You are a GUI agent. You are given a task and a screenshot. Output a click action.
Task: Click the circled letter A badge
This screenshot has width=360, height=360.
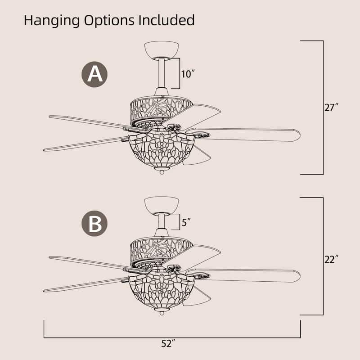[x=94, y=74]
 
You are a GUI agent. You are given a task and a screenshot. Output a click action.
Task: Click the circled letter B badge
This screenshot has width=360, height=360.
[x=94, y=223]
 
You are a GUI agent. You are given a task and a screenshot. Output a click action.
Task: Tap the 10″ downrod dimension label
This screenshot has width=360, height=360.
[x=188, y=74]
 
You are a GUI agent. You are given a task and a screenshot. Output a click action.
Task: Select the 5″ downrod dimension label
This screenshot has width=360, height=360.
[x=186, y=222]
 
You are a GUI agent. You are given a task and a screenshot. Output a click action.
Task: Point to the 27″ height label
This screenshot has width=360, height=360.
[x=331, y=107]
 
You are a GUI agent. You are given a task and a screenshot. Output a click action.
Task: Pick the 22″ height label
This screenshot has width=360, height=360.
[x=331, y=259]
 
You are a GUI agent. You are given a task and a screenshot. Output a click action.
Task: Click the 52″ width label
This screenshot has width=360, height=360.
[x=168, y=343]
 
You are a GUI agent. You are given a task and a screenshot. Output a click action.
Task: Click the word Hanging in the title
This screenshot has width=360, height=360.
[x=52, y=21]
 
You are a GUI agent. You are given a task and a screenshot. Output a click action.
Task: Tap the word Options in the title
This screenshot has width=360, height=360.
[x=109, y=21]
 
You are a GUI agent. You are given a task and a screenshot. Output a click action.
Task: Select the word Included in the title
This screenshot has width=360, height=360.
[x=166, y=20]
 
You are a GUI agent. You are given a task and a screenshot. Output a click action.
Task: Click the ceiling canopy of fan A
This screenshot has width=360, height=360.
[x=162, y=49]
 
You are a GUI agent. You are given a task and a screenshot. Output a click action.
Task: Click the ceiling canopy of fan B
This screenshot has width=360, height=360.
[x=162, y=205]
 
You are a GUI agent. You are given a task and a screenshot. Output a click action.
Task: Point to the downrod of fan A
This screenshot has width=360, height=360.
[x=162, y=73]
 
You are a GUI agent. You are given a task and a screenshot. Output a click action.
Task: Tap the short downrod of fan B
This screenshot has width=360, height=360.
[x=162, y=221]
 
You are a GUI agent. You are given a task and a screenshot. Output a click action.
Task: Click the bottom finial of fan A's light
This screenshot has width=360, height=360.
[x=162, y=171]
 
